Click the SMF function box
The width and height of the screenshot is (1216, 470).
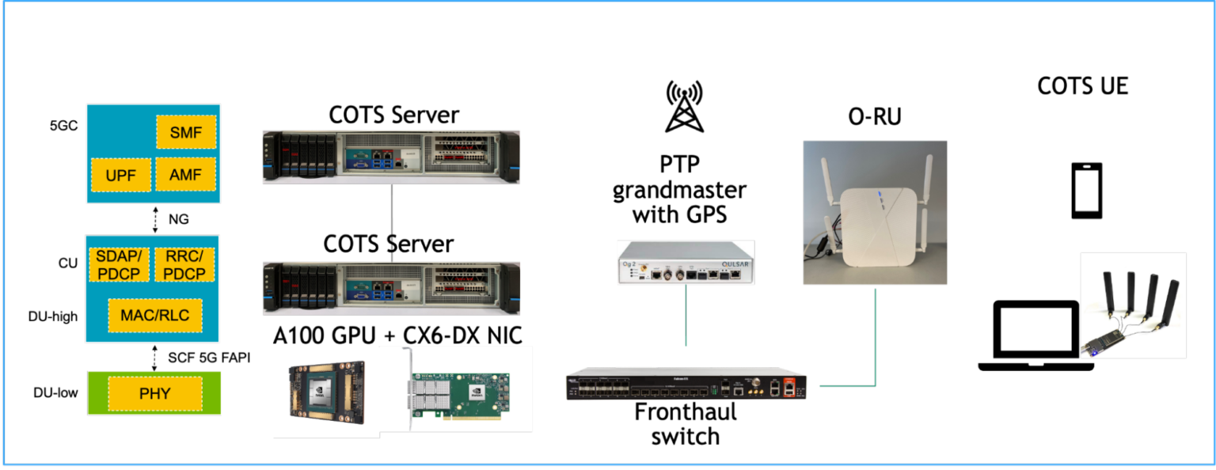pos(186,131)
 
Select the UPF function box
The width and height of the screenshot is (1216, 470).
pos(121,175)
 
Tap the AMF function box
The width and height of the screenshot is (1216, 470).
pos(186,174)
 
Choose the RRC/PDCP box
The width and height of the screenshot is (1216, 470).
pos(184,264)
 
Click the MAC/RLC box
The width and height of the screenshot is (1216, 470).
pos(154,315)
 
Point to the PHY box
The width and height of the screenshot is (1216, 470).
pos(154,393)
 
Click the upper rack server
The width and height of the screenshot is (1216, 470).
pos(391,157)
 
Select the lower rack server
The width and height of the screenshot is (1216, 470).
pos(391,288)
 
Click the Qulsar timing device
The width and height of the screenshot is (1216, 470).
pos(686,262)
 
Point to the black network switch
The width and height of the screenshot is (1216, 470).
pos(686,385)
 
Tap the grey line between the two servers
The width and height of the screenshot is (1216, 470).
pos(392,222)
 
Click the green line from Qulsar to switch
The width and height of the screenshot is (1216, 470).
pos(686,316)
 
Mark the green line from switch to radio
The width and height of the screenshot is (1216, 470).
pos(876,340)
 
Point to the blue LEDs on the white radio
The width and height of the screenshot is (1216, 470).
pos(877,201)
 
